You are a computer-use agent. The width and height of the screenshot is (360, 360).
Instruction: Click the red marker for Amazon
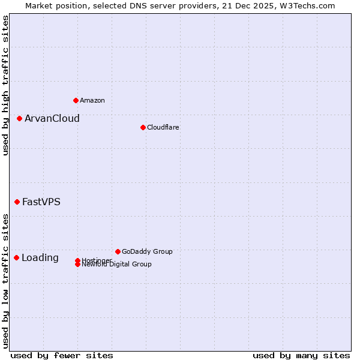pos(76,100)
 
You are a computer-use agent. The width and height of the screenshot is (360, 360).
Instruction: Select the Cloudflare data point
pos(143,127)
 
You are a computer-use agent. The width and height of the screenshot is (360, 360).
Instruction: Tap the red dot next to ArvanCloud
pos(20,118)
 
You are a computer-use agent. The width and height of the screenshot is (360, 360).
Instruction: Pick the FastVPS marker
pos(17,202)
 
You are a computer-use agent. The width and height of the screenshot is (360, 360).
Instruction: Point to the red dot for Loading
pos(16,257)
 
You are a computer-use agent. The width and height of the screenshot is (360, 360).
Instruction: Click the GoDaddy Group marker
pos(118,251)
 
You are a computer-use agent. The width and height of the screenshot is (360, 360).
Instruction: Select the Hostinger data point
pos(78,260)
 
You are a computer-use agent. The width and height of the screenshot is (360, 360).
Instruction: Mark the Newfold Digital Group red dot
pos(78,265)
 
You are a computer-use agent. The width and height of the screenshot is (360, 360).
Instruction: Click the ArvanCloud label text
pos(52,118)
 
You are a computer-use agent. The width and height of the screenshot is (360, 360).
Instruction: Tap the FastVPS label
pos(41,202)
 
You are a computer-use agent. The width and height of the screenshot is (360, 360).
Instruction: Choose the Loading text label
pos(40,258)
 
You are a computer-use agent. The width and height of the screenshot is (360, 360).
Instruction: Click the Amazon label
pos(92,100)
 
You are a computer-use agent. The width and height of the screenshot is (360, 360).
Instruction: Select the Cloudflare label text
pos(163,127)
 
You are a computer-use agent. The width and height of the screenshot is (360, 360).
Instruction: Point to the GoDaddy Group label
pos(147,251)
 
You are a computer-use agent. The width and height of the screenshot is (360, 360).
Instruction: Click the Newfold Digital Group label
pos(117,265)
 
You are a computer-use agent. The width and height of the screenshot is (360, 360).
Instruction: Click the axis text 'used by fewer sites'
pos(62,355)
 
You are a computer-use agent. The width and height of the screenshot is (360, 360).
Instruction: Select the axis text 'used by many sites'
pos(301,355)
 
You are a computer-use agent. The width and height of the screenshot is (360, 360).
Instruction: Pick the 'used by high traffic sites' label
pos(5,85)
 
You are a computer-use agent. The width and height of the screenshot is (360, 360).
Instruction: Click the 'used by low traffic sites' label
pos(5,280)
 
